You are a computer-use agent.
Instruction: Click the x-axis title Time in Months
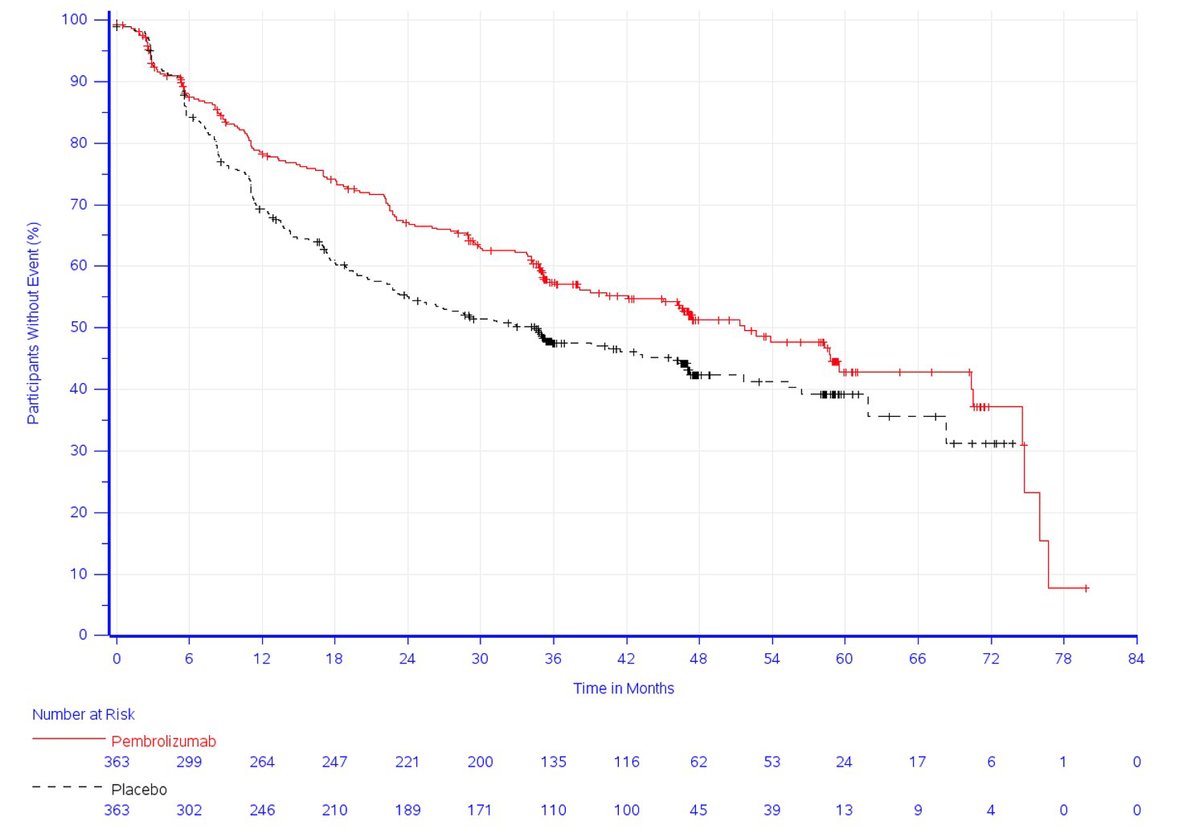pos(623,688)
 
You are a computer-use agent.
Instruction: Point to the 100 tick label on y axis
pos(74,20)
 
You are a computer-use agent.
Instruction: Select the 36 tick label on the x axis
pos(553,659)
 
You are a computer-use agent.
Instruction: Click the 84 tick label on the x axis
pos(1136,659)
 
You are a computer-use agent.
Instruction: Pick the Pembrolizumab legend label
pos(164,741)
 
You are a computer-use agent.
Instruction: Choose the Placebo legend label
pos(139,789)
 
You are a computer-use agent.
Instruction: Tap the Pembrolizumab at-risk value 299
pos(189,762)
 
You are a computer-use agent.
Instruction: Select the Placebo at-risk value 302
pos(189,810)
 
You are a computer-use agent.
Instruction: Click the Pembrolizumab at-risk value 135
pos(553,762)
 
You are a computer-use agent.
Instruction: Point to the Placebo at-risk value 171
pos(480,810)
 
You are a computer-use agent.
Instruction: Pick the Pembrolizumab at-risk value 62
pos(698,762)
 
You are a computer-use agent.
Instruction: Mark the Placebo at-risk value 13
pos(844,810)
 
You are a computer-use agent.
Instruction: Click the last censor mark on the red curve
pos(1086,588)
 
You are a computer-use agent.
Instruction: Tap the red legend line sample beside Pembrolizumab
pos(69,738)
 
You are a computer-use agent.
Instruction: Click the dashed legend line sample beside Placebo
pos(67,787)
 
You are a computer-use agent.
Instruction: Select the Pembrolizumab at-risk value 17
pos(917,762)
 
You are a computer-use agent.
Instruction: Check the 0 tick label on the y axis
pos(83,635)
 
